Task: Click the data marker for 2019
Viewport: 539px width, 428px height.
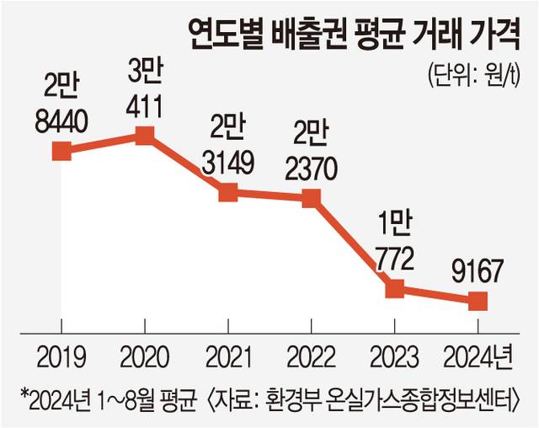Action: (61, 151)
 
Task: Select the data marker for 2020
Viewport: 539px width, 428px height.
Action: (144, 135)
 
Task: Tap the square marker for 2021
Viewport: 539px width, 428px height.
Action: (227, 192)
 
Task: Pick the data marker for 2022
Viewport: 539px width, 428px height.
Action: (311, 199)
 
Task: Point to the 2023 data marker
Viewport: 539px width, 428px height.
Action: (394, 289)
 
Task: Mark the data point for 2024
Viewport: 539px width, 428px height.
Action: (478, 301)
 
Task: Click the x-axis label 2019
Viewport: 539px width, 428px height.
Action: (61, 356)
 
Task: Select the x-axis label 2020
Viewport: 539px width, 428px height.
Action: (144, 356)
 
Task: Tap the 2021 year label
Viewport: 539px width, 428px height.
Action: (227, 356)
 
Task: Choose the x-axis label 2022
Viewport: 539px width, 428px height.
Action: (311, 356)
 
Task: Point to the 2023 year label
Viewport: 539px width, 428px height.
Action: (394, 356)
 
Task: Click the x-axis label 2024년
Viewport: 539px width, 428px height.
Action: (477, 356)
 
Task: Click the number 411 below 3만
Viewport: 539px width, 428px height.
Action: (146, 107)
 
